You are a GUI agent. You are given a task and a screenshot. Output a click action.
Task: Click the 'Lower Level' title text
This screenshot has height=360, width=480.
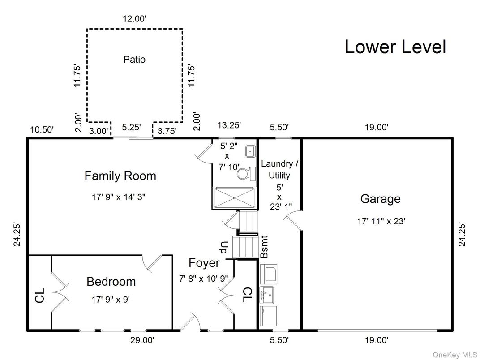click(x=395, y=47)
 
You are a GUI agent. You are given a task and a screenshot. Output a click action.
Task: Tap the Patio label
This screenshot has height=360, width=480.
click(x=134, y=59)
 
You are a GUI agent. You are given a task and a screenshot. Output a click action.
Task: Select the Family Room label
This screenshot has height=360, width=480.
click(x=120, y=176)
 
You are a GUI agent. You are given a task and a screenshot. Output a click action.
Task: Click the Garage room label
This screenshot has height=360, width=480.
click(x=380, y=199)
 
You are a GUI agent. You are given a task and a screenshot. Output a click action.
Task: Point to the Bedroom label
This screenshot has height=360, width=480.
click(x=111, y=282)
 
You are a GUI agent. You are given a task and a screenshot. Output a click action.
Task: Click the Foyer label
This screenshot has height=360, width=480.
click(x=204, y=263)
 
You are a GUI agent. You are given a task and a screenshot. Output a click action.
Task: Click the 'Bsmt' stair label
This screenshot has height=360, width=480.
click(x=264, y=247)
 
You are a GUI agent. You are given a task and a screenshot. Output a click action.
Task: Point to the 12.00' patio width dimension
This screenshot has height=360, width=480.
click(x=134, y=19)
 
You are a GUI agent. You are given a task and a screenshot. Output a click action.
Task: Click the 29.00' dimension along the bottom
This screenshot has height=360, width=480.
click(x=142, y=340)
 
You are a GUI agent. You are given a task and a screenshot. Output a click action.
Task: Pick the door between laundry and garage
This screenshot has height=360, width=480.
click(x=292, y=220)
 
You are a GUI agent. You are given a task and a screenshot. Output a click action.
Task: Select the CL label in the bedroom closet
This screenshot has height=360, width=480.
click(x=40, y=296)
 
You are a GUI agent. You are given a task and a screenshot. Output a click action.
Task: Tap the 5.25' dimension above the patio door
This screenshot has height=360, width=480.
click(x=132, y=127)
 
